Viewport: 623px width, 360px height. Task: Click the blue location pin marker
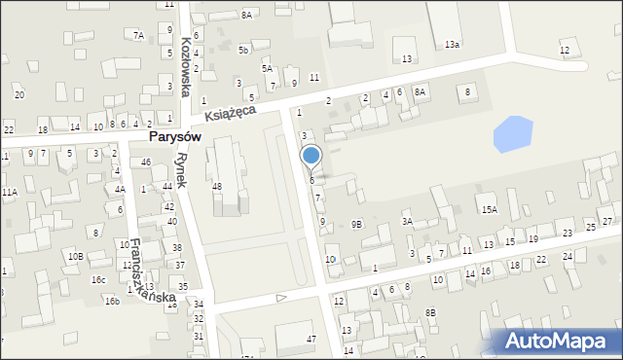[x=311, y=156]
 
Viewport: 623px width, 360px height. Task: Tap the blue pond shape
[x=514, y=133]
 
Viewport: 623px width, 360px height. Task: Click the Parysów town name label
[x=174, y=137]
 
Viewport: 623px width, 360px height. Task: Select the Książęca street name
[x=231, y=113]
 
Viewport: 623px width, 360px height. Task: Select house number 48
[x=216, y=186]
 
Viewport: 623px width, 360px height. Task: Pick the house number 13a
[x=452, y=45]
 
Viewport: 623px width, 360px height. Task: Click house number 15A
[x=489, y=209]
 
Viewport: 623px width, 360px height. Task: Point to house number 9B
[x=357, y=225]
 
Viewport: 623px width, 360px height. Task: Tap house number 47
[x=311, y=339]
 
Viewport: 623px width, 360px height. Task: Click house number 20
[x=18, y=94]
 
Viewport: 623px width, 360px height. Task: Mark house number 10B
[x=75, y=256]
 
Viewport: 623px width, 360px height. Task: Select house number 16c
[x=98, y=279]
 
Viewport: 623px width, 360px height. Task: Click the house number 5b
[x=244, y=50]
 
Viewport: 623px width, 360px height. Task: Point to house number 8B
[x=430, y=312]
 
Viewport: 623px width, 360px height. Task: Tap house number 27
[x=606, y=222]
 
